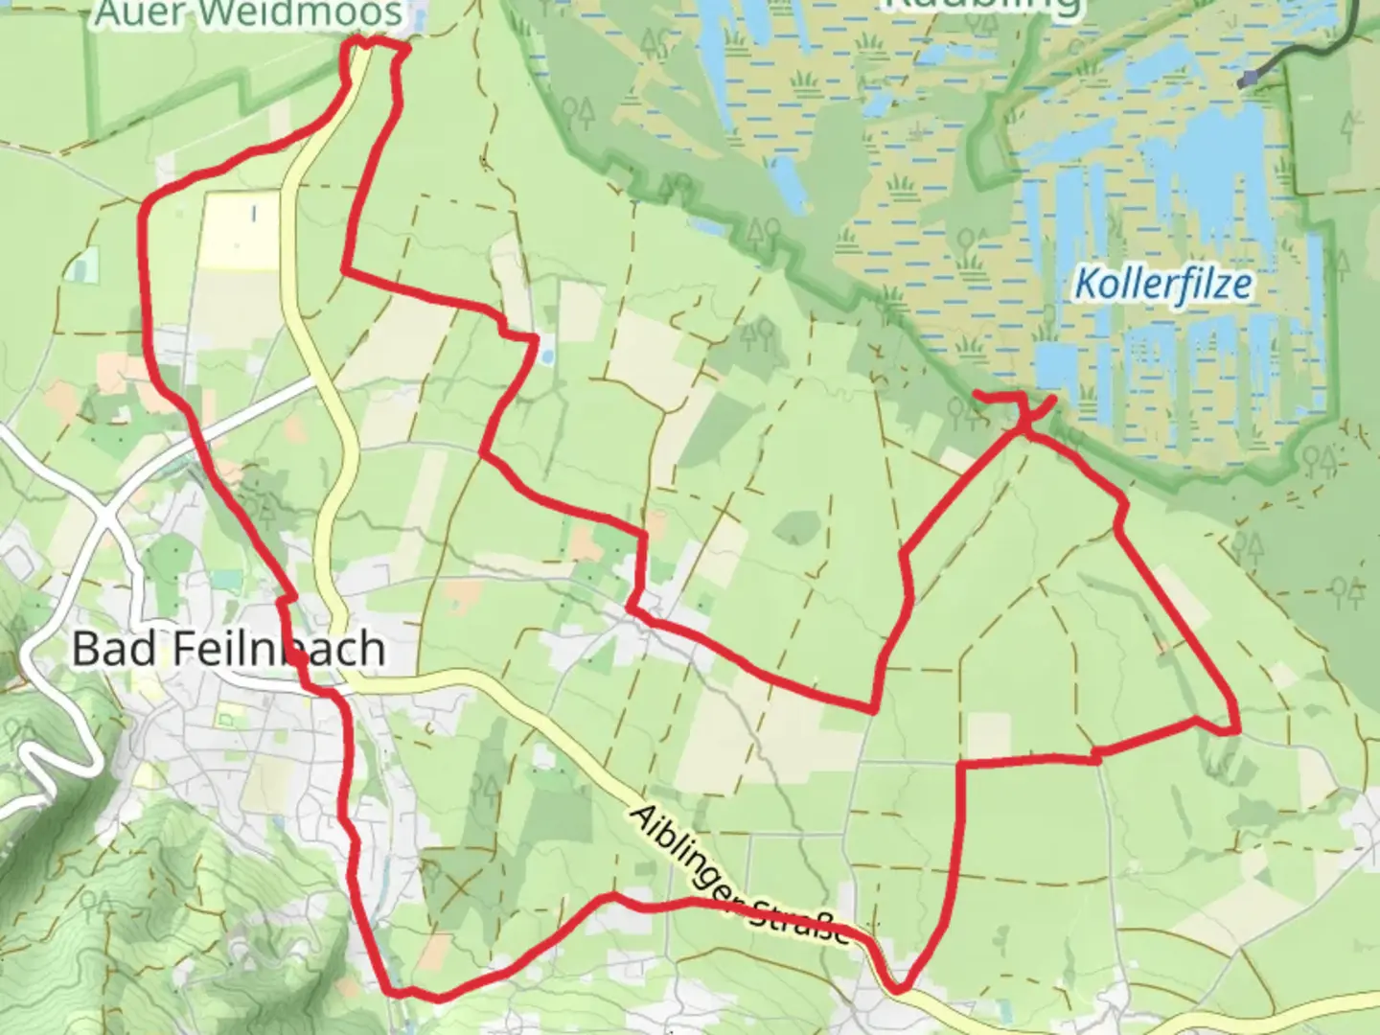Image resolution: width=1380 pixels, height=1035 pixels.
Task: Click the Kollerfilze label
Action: (1162, 285)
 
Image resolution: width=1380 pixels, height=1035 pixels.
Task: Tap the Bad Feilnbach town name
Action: (228, 650)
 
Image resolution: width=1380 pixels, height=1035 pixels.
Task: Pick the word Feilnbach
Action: (280, 650)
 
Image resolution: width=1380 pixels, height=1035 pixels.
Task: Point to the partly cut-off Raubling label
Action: (981, 5)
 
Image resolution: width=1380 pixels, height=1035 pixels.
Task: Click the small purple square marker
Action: (1246, 80)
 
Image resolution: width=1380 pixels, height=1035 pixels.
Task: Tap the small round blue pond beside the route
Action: (545, 356)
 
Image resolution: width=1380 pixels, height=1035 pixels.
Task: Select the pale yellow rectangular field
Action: (240, 230)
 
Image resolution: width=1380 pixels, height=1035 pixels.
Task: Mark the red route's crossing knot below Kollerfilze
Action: (1026, 422)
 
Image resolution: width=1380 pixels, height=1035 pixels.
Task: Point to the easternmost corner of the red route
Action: (1236, 728)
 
